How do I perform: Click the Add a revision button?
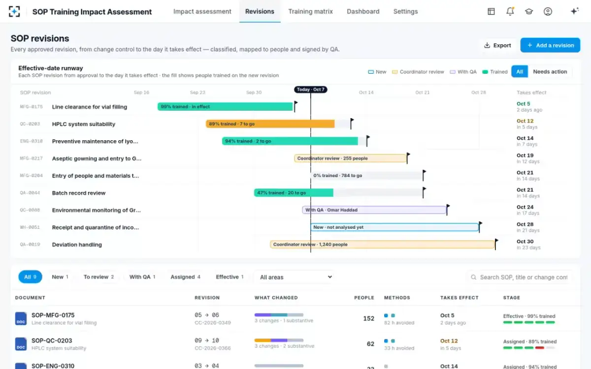coord(550,45)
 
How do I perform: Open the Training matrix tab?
coord(310,12)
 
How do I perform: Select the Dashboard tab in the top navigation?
coord(363,12)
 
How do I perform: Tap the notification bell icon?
coord(510,11)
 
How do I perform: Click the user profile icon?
coord(548,11)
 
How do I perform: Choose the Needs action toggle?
coord(550,71)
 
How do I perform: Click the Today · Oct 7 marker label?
coord(311,90)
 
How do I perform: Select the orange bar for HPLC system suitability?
coord(270,123)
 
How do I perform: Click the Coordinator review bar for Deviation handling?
coord(382,245)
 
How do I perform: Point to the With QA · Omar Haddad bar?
coord(374,210)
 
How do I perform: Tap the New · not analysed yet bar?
coord(394,227)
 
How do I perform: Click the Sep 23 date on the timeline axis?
coord(197,92)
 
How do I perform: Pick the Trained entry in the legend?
coord(495,72)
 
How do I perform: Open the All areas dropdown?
coord(295,277)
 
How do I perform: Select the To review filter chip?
coord(98,277)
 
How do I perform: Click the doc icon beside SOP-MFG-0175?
coord(21,318)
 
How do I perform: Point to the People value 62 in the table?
coord(370,344)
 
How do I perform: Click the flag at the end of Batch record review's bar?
coord(424,192)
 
